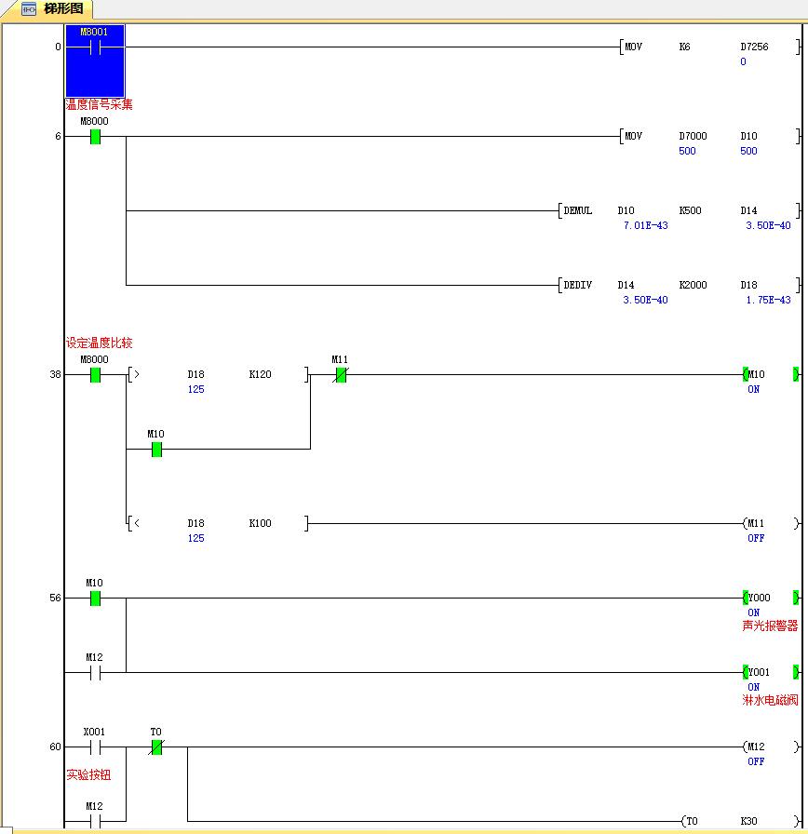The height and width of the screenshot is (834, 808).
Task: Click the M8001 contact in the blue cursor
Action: [x=95, y=48]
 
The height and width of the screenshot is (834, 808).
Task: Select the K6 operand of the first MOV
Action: [x=684, y=47]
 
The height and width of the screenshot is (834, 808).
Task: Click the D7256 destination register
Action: [x=754, y=47]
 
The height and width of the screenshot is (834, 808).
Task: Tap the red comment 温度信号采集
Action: [x=99, y=104]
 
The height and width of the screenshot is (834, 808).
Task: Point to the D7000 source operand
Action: [x=693, y=136]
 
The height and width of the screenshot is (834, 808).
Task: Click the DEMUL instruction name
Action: [x=578, y=210]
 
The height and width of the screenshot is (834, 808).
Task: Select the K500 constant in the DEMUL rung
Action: [x=690, y=210]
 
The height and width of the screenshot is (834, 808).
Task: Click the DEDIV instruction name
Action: [x=578, y=285]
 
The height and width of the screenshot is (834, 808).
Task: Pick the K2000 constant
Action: [x=693, y=285]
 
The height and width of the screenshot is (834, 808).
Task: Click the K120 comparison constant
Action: [x=260, y=374]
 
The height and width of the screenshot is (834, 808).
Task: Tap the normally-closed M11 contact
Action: [x=341, y=375]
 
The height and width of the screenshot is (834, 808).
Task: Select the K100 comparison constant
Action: [x=260, y=523]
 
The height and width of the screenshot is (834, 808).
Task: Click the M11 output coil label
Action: [x=756, y=523]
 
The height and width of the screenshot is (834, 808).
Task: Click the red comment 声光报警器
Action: [x=770, y=626]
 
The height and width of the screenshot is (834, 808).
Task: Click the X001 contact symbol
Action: [x=95, y=747]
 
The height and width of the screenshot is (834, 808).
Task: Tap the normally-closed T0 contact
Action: [x=156, y=747]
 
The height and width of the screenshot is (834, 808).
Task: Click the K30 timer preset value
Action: [x=748, y=821]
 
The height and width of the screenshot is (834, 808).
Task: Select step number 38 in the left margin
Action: [x=55, y=374]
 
